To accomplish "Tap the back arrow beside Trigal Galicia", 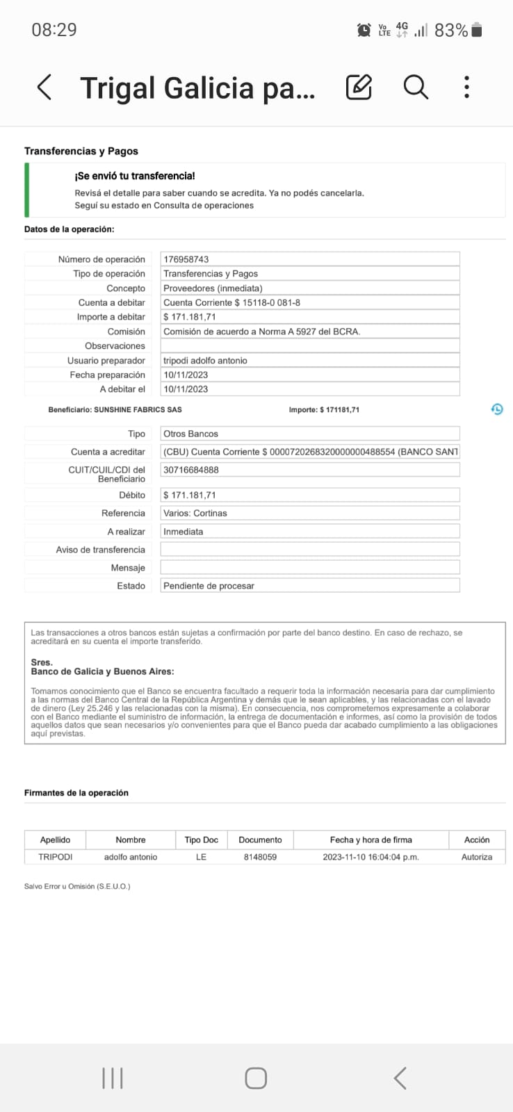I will point(44,88).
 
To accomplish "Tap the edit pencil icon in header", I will point(359,88).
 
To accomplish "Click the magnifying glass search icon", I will point(416,88).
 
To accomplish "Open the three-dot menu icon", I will point(466,88).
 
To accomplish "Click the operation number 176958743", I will point(186,259).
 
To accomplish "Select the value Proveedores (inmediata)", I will point(213,288).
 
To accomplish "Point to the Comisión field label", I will point(127,332).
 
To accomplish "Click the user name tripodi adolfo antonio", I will point(205,361).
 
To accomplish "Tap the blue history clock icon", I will point(497,409).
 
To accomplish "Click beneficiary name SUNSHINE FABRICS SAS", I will point(138,410).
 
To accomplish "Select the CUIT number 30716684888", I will point(191,470).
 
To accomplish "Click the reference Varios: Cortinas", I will point(195,513).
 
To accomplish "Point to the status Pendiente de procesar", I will point(209,586).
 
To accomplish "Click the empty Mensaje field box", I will point(310,568).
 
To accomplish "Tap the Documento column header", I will point(260,840).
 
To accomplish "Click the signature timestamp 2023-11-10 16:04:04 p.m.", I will point(370,857).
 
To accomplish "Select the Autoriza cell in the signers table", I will point(477,857).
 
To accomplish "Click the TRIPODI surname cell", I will point(56,857).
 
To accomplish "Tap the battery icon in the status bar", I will point(477,30).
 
